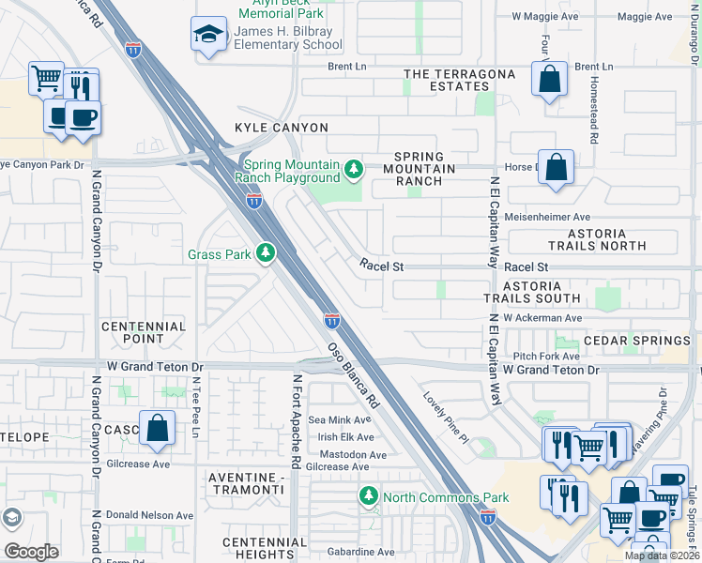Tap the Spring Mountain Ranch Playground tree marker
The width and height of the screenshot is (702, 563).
pyautogui.click(x=353, y=169)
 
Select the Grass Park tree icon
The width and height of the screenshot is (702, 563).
pyautogui.click(x=266, y=252)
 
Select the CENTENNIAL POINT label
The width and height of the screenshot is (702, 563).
pyautogui.click(x=144, y=332)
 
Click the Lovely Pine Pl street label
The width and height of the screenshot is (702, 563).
pyautogui.click(x=444, y=418)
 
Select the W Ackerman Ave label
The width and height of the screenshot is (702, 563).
pyautogui.click(x=542, y=319)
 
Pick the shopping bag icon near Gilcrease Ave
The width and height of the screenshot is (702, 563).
pyautogui.click(x=158, y=428)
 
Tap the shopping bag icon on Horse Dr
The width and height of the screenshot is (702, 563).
pyautogui.click(x=557, y=169)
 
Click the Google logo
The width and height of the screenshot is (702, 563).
pyautogui.click(x=31, y=551)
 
